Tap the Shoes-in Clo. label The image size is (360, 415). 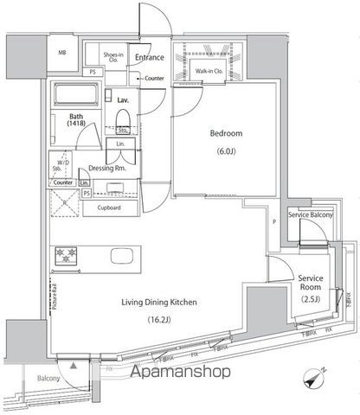(x=112, y=57)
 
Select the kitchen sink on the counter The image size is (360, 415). (x=122, y=256)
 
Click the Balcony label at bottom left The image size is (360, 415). (x=48, y=379)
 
